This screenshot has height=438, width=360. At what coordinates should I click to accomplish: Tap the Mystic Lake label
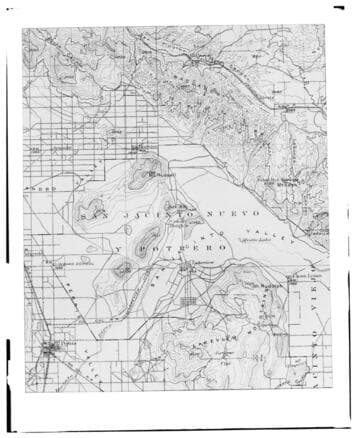tap(255, 241)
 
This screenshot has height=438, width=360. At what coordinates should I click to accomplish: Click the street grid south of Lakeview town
tap(192, 300)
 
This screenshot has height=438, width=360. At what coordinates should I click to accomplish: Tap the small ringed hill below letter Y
tap(123, 267)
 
